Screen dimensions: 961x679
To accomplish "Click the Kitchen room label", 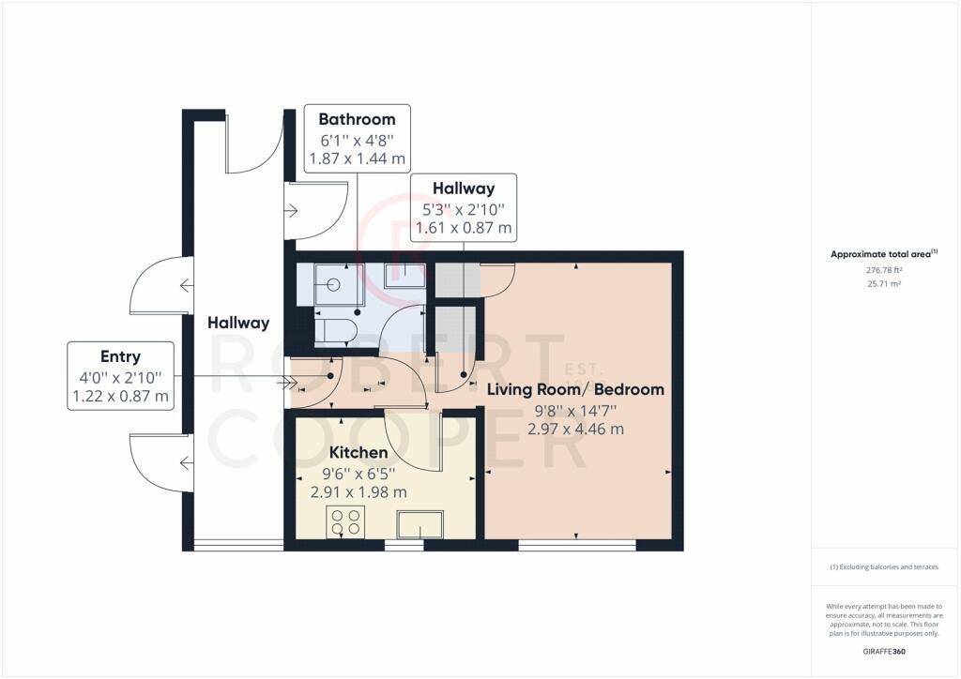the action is [358, 452].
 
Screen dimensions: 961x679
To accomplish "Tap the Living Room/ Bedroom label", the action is [575, 389].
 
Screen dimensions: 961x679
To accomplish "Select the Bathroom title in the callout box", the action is [357, 119].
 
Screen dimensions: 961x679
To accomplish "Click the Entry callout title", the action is [120, 356].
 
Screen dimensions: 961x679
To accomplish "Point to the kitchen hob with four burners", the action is [345, 522].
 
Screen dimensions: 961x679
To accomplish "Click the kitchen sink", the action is [419, 524].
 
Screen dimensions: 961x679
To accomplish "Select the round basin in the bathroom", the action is [334, 284].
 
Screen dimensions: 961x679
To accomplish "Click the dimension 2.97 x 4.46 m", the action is [575, 429].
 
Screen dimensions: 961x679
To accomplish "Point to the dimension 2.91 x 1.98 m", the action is [358, 491].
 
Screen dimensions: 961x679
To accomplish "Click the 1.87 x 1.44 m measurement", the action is [357, 158].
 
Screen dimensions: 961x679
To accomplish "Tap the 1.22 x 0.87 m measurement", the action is [120, 396].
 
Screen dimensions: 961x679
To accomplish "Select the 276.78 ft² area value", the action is [884, 270].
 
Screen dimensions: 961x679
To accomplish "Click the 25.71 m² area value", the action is [884, 283].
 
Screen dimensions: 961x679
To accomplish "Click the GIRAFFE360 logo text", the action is [884, 652].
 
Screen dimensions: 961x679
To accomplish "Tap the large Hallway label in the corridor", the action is [238, 323].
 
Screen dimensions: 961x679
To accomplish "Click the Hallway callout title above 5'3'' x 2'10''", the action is [464, 189].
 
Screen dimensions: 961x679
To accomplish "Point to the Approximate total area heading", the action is [884, 253].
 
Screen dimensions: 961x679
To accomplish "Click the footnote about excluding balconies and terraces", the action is [884, 567].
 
